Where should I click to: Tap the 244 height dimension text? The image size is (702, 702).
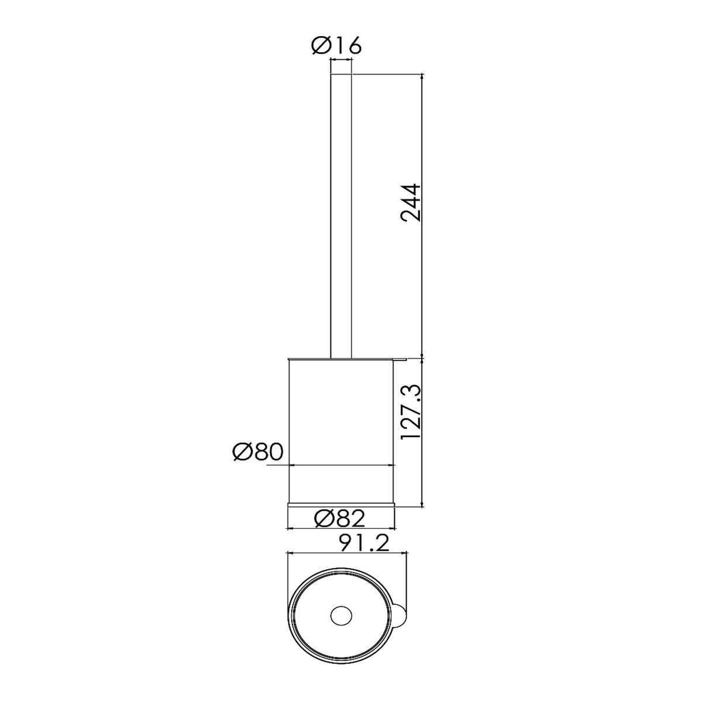coord(411,203)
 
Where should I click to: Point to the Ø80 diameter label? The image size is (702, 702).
coord(258,452)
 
